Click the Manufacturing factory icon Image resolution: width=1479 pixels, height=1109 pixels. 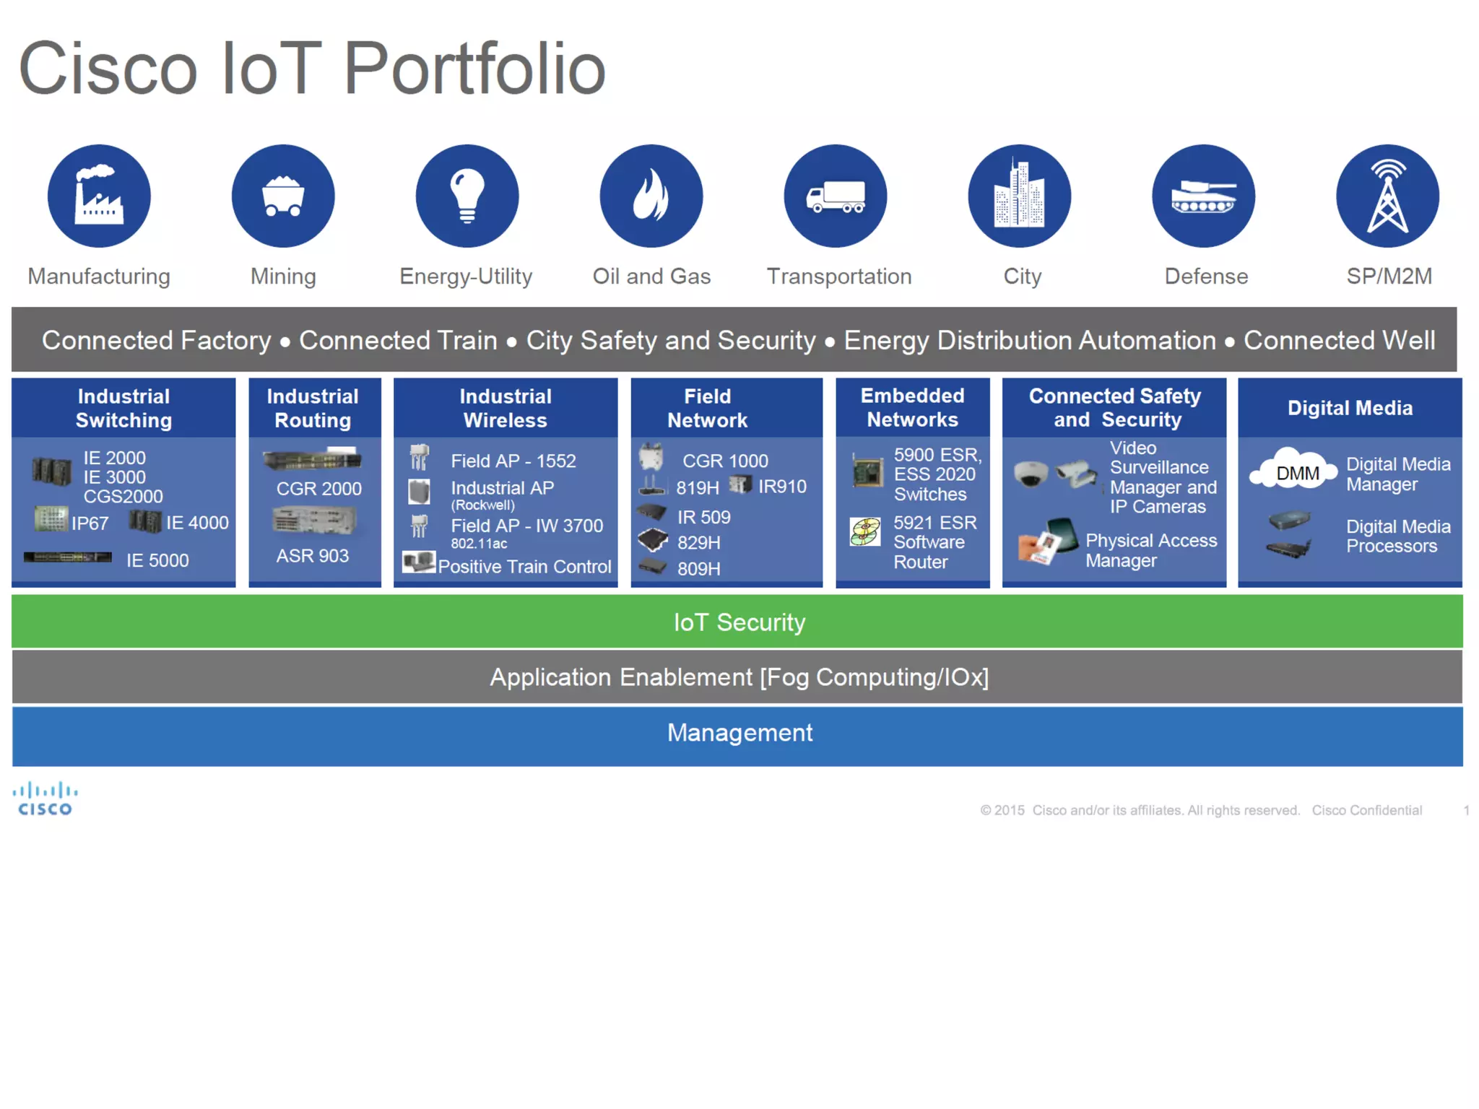pyautogui.click(x=99, y=196)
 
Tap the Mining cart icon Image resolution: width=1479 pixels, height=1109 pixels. pyautogui.click(x=283, y=196)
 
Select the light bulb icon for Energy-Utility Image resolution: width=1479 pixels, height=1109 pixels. pyautogui.click(x=467, y=196)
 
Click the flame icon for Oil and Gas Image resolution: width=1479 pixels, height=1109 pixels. pyautogui.click(x=651, y=196)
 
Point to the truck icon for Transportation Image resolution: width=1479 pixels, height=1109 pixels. pyautogui.click(x=836, y=196)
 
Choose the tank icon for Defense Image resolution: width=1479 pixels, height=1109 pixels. pyautogui.click(x=1203, y=196)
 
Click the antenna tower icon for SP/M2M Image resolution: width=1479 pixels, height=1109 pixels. pyautogui.click(x=1387, y=196)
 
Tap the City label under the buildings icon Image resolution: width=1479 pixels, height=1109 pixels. pyautogui.click(x=1022, y=277)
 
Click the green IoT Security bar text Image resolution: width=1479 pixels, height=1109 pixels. pyautogui.click(x=739, y=622)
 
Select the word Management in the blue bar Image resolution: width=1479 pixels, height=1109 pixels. pyautogui.click(x=739, y=733)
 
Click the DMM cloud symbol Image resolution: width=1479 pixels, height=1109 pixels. pyautogui.click(x=1296, y=472)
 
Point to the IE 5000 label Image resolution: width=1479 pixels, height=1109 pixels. pyautogui.click(x=157, y=560)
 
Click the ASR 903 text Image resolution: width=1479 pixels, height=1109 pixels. pyautogui.click(x=312, y=556)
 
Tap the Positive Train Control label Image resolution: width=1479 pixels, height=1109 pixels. pyautogui.click(x=524, y=567)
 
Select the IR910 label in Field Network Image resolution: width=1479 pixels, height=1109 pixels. pyautogui.click(x=782, y=487)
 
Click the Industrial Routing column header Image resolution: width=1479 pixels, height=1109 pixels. pyautogui.click(x=313, y=408)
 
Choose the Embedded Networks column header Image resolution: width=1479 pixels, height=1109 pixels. pyautogui.click(x=912, y=407)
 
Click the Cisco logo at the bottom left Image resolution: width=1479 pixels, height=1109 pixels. pyautogui.click(x=45, y=799)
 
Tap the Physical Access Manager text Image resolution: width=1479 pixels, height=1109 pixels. pyautogui.click(x=1150, y=550)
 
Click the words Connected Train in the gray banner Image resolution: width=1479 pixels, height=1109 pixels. pyautogui.click(x=398, y=340)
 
